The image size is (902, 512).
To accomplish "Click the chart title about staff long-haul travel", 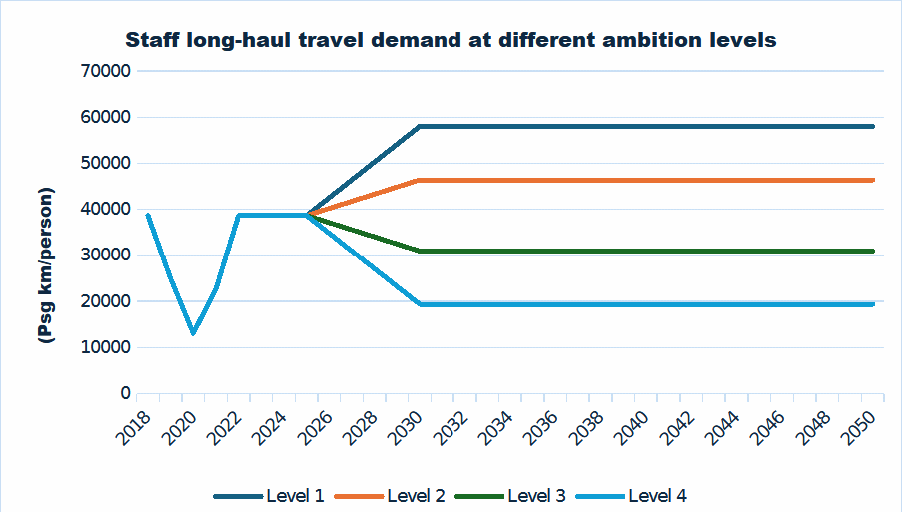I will coord(451,41).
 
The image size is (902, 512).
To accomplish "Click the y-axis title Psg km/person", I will coord(45,266).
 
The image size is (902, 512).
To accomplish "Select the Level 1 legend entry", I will coord(270,496).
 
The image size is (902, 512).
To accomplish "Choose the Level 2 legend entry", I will coord(391,496).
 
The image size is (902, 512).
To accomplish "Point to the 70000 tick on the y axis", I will coord(105,71).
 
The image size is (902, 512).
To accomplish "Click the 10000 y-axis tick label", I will coord(105,347).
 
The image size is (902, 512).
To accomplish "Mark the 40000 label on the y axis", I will coord(105,209).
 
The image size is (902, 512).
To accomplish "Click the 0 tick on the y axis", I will coord(125,393).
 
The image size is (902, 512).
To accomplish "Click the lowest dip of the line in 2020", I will coord(193,333).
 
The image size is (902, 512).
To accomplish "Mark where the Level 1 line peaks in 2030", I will coord(420,126).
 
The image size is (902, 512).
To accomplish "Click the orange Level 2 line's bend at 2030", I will coord(420,180).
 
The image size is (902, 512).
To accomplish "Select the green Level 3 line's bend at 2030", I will coord(420,251).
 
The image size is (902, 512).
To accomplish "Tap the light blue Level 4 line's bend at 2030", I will coord(420,304).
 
